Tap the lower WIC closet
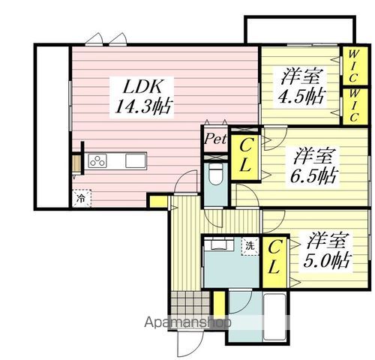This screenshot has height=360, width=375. pyautogui.click(x=352, y=105)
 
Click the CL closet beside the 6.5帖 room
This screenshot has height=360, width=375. pyautogui.click(x=244, y=156)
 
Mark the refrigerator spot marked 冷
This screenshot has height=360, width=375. pyautogui.click(x=79, y=199)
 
